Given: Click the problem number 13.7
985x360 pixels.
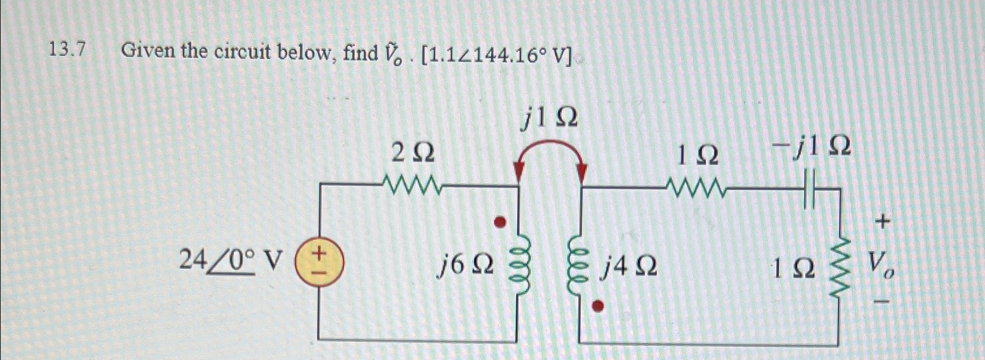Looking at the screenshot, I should click(x=67, y=52).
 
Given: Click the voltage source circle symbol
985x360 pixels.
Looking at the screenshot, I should click(x=319, y=265).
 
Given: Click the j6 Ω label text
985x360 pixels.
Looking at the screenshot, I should click(x=467, y=266).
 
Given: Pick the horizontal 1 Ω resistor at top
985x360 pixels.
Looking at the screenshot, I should click(x=696, y=188).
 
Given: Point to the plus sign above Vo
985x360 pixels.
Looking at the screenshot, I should click(x=883, y=222).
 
